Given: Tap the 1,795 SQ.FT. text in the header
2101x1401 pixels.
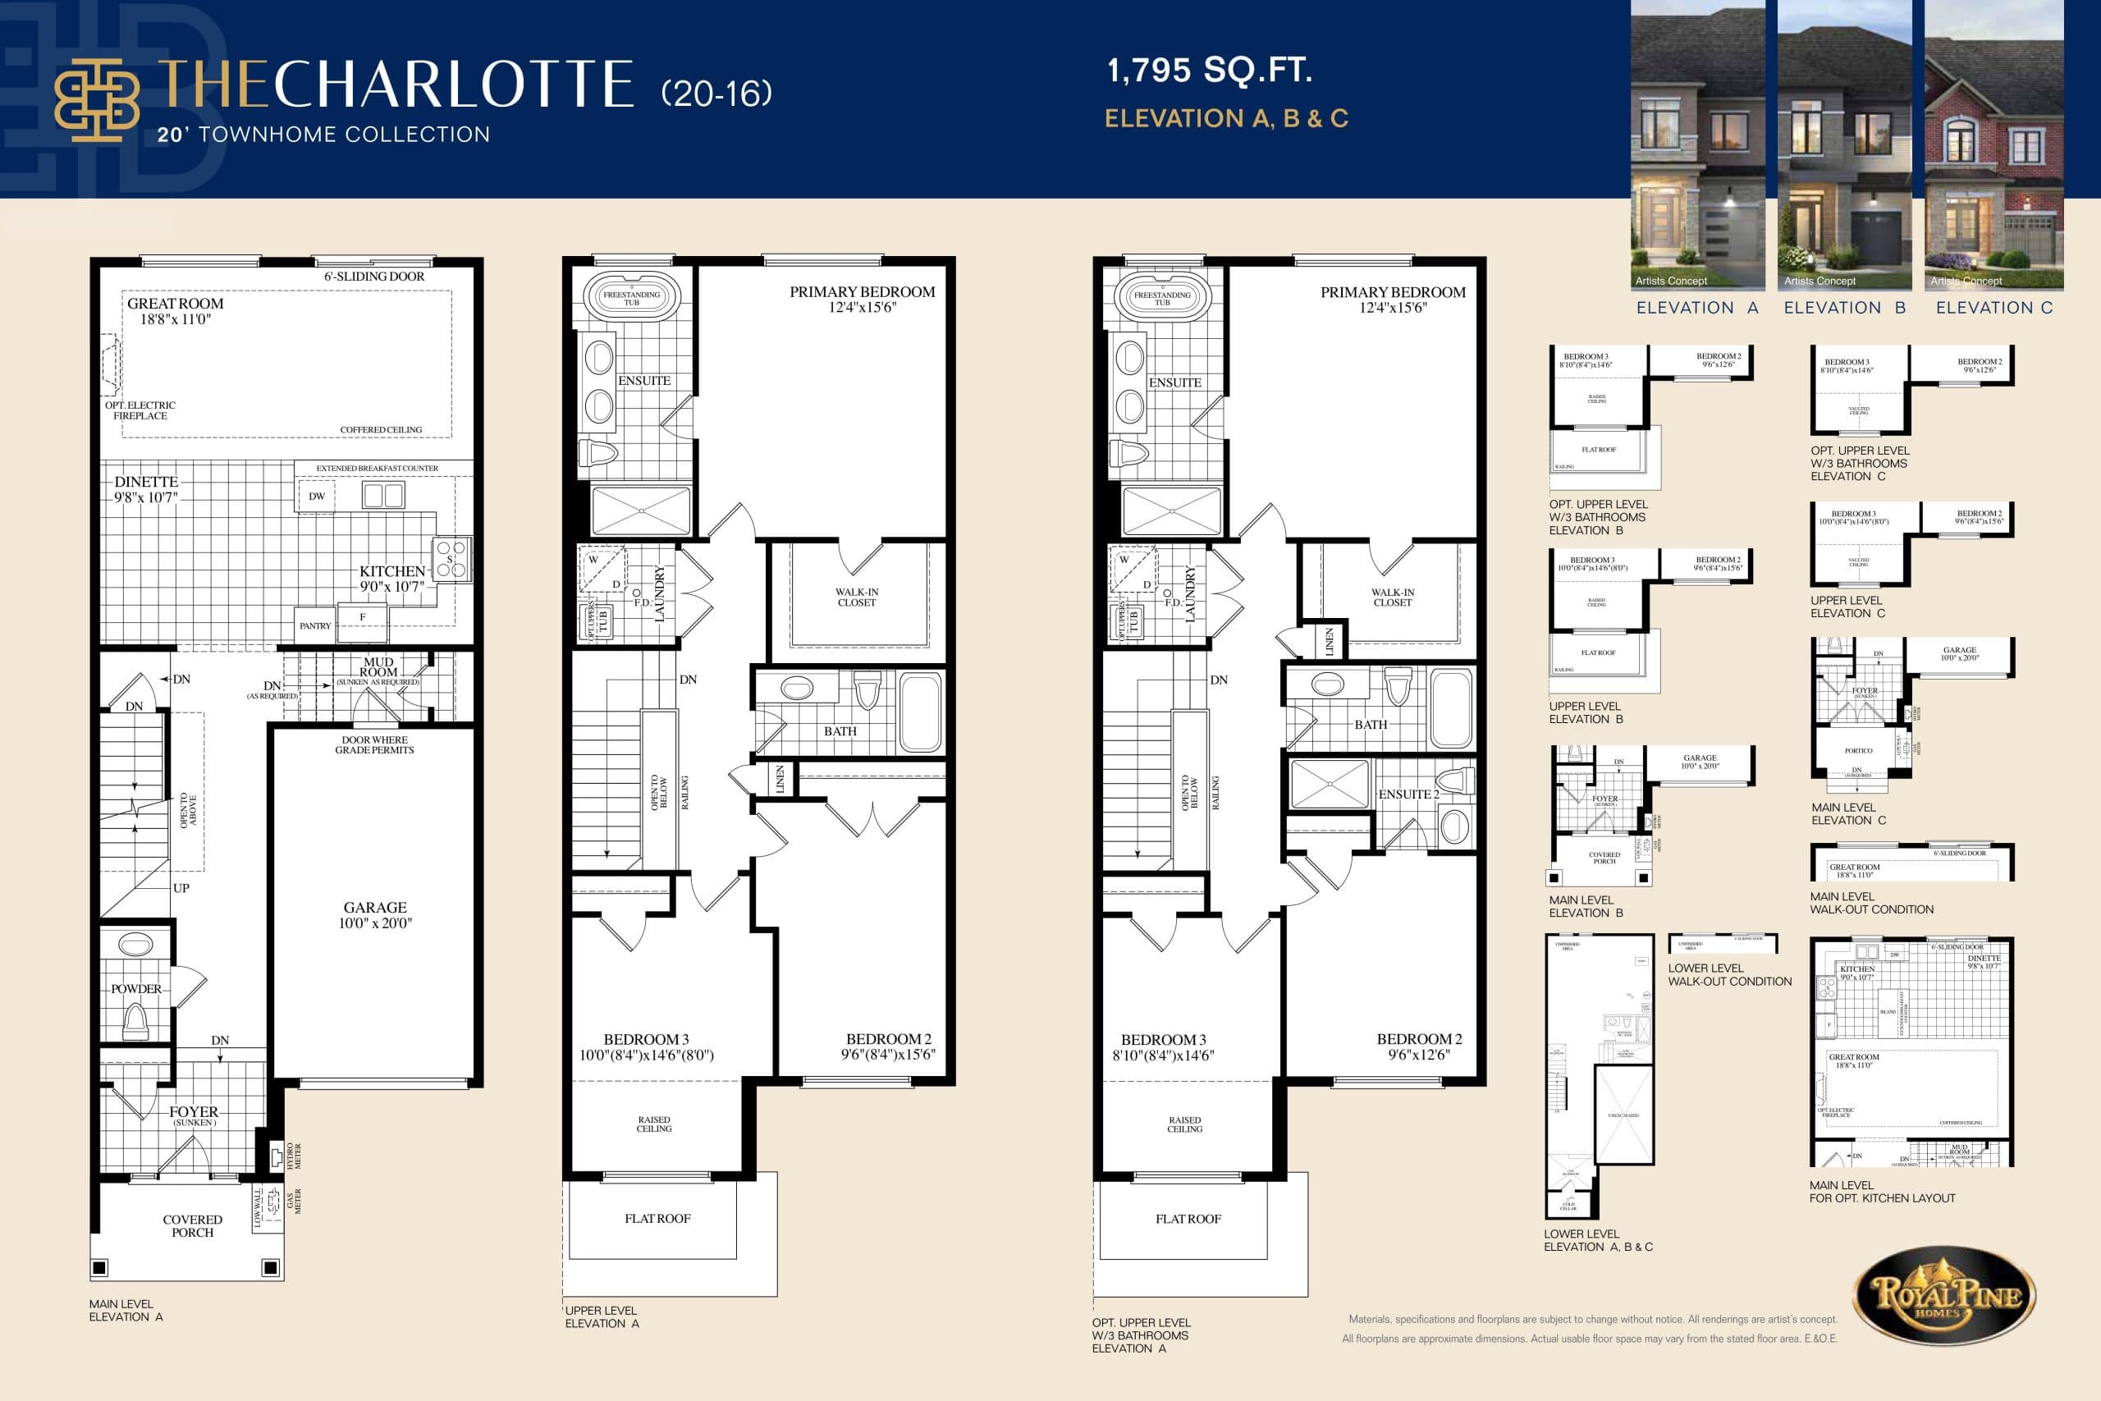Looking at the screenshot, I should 1209,70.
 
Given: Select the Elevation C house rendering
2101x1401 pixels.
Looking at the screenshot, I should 1993,143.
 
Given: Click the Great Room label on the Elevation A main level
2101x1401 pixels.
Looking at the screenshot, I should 175,304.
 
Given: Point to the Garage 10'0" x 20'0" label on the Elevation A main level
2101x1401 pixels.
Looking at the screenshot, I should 375,915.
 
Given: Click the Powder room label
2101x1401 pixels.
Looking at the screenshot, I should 135,989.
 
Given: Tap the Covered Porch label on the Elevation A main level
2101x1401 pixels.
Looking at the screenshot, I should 192,1226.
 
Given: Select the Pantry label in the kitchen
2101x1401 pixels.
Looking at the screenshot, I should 314,626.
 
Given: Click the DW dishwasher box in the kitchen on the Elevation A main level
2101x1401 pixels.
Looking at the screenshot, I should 317,497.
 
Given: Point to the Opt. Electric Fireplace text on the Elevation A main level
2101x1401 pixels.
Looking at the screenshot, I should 140,410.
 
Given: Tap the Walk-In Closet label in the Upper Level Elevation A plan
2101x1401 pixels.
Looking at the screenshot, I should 857,597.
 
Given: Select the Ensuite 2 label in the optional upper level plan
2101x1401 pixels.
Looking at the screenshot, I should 1408,794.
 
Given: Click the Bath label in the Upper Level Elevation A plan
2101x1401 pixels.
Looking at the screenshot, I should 840,731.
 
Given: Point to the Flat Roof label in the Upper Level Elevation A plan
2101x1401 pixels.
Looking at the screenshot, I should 657,1219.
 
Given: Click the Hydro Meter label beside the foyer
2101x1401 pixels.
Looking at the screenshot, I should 293,1156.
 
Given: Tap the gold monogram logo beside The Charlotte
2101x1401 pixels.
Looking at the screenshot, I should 97,99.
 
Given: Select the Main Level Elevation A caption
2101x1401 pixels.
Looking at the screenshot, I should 126,1310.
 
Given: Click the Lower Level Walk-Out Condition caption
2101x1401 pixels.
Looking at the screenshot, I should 1729,975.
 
